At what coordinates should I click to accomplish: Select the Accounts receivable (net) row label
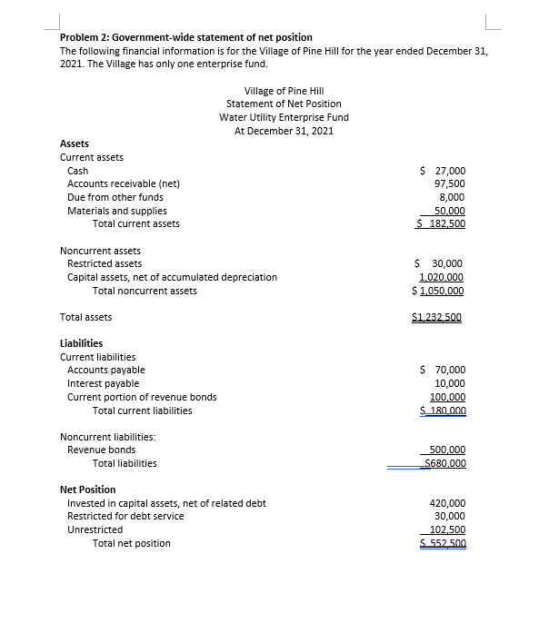124,183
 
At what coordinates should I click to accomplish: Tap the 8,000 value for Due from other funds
452,197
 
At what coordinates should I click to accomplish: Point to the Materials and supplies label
117,211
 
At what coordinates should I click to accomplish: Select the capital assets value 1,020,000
441,277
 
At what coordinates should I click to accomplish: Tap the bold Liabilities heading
81,343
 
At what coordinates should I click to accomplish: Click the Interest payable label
104,383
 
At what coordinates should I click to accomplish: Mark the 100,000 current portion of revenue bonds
446,397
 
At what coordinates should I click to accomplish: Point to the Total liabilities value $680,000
444,463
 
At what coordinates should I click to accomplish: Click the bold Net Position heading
87,490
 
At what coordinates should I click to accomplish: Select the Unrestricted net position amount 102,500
446,529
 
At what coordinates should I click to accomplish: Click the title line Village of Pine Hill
284,91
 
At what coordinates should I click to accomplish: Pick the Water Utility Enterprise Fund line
284,117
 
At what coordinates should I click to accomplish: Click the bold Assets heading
75,143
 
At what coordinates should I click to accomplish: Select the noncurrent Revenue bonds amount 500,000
446,450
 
